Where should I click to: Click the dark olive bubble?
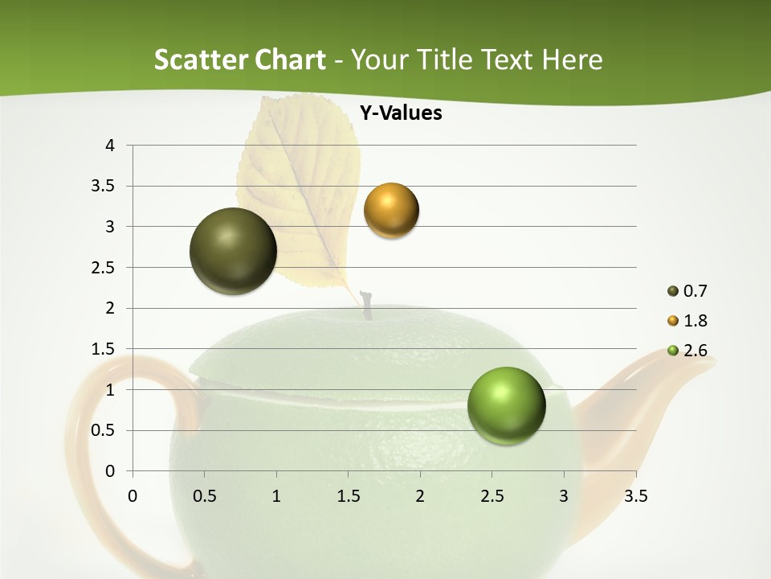(x=233, y=251)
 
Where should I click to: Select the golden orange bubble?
(x=391, y=210)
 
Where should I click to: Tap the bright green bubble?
(x=506, y=405)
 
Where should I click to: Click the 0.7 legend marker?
(x=673, y=291)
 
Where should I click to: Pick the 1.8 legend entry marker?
(x=673, y=321)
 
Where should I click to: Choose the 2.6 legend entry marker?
(x=673, y=351)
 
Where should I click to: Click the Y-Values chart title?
(x=400, y=113)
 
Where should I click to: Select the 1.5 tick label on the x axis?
(x=348, y=496)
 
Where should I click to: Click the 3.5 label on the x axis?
(x=635, y=496)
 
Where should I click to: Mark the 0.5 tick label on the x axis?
(x=205, y=496)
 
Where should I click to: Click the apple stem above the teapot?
(x=367, y=305)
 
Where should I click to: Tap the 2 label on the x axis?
(x=420, y=496)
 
